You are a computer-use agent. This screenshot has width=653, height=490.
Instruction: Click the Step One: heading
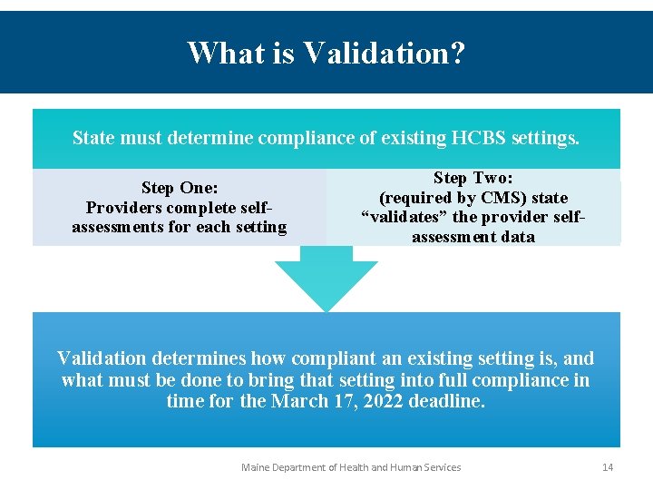[x=180, y=188]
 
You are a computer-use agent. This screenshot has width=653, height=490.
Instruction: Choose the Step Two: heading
[x=473, y=178]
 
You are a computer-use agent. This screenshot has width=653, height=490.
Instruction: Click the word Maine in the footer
[x=257, y=467]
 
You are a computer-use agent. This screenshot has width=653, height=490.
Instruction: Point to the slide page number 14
[x=608, y=467]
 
